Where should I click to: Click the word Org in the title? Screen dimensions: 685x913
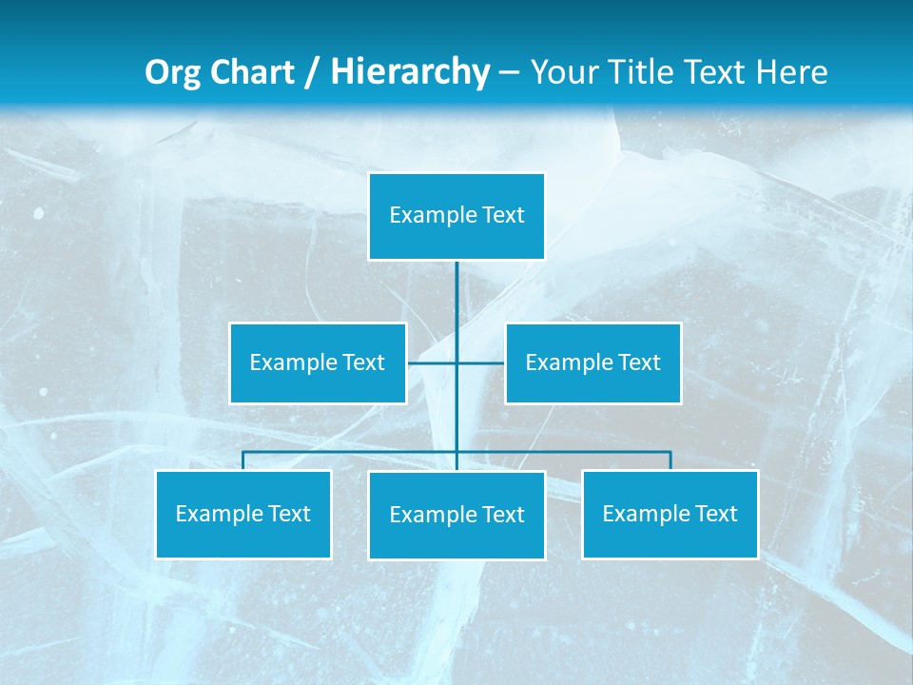click(173, 72)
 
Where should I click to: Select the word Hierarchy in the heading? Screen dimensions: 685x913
click(410, 72)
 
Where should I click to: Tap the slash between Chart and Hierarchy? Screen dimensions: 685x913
click(311, 73)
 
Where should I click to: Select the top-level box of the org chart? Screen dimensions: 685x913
click(456, 216)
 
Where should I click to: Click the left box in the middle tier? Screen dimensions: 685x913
click(318, 362)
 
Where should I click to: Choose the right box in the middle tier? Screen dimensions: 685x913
click(593, 362)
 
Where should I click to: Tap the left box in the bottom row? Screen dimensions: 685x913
click(243, 514)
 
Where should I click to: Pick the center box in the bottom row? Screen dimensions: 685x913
click(456, 515)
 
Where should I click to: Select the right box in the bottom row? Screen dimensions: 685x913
click(670, 514)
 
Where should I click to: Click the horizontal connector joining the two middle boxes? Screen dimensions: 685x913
click(433, 362)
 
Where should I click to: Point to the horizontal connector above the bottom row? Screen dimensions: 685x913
click(352, 452)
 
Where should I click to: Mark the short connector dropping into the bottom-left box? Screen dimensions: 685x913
click(243, 460)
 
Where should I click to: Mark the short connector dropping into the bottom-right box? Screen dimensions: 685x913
click(670, 460)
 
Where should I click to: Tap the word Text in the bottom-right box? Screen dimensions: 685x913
click(716, 514)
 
